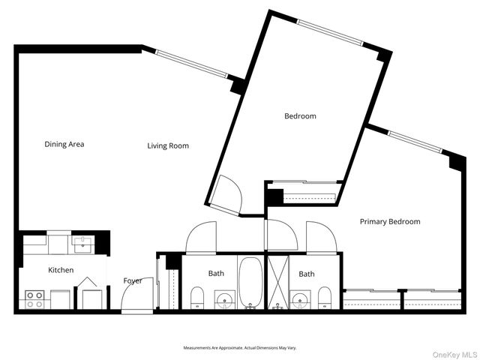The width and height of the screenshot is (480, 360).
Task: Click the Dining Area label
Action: click(x=64, y=144)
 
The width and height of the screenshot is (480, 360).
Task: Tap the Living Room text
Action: click(x=168, y=145)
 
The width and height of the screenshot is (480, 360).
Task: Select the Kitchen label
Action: click(x=61, y=270)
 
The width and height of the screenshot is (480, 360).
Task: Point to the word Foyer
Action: click(x=133, y=280)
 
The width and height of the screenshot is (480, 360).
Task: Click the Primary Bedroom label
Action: click(x=389, y=221)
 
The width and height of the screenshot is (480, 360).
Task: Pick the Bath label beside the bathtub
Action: click(x=216, y=274)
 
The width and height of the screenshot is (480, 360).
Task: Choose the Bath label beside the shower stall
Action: click(x=307, y=274)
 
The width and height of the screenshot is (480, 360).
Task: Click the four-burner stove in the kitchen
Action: click(x=34, y=299)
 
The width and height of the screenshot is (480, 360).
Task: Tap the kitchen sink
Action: click(x=82, y=244)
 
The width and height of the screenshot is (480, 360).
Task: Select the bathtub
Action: click(x=250, y=283)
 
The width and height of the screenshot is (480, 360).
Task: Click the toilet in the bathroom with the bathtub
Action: click(x=196, y=298)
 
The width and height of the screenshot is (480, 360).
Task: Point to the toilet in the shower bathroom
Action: click(x=325, y=298)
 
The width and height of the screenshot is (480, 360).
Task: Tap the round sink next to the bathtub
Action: click(x=224, y=301)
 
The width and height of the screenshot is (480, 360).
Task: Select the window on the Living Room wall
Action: click(x=191, y=63)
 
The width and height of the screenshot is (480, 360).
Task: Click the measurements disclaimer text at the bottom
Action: click(x=240, y=348)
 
